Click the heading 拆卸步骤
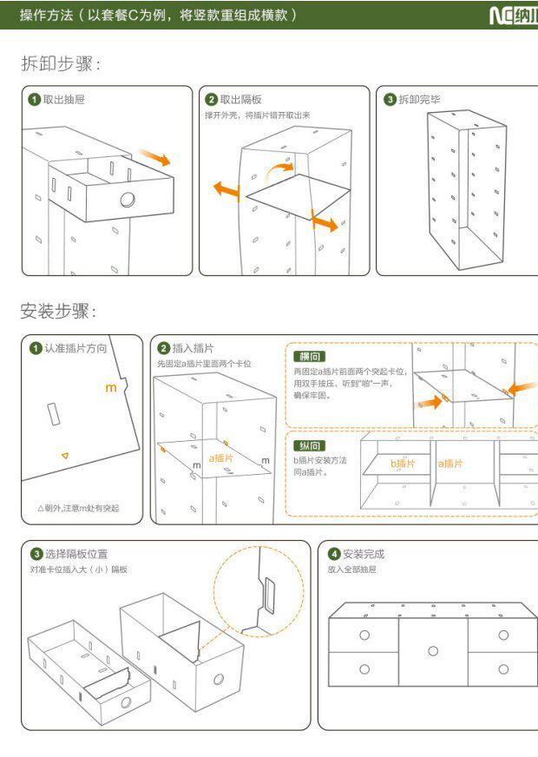pos(61,63)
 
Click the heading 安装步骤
pos(59,311)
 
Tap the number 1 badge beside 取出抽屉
pos(34,99)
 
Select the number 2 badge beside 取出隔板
pos(211,99)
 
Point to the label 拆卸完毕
pos(419,99)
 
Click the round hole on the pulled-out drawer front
pos(128,200)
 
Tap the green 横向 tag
pos(310,357)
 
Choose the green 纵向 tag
pos(310,445)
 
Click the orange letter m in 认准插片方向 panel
pos(110,388)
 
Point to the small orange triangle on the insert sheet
pos(64,455)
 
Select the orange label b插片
pos(402,464)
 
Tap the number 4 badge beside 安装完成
pos(334,554)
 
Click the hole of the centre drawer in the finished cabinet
pos(432,651)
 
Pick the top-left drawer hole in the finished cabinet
pos(364,635)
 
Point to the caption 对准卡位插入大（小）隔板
pos(79,569)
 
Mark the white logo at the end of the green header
pos(513,15)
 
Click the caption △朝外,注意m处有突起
pos(78,508)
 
